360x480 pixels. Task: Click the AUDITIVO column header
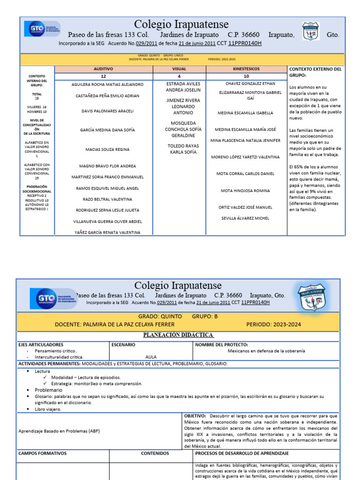pyautogui.click(x=103, y=69)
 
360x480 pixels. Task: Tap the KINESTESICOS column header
pyautogui.click(x=246, y=69)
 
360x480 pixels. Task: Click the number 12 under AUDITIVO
pyautogui.click(x=103, y=76)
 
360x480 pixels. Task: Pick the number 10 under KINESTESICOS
pyautogui.click(x=246, y=76)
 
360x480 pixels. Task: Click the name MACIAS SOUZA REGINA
pyautogui.click(x=107, y=150)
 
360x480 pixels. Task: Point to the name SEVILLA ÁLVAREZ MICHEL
pyautogui.click(x=246, y=218)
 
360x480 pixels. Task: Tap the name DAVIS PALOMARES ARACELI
pyautogui.click(x=107, y=111)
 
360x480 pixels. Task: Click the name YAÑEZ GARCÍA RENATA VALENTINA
pyautogui.click(x=107, y=232)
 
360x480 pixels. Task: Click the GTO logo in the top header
pyautogui.click(x=42, y=29)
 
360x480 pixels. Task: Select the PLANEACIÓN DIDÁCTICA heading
pyautogui.click(x=178, y=335)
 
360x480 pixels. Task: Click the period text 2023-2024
pyautogui.click(x=274, y=324)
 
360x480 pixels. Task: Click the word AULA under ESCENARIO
pyautogui.click(x=151, y=357)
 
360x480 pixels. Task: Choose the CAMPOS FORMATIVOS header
pyautogui.click(x=43, y=453)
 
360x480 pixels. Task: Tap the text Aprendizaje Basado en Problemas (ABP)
pyautogui.click(x=59, y=431)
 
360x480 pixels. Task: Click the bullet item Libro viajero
pyautogui.click(x=48, y=409)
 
